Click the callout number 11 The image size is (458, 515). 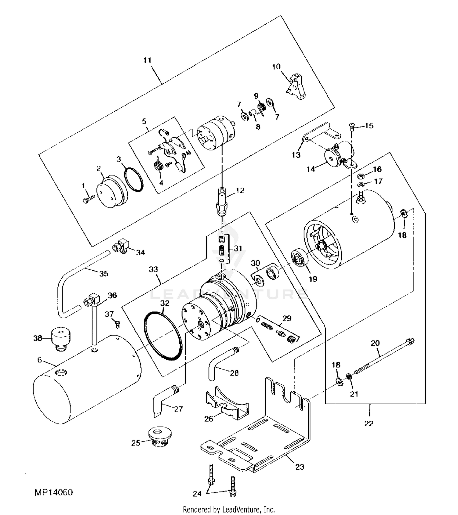(x=147, y=60)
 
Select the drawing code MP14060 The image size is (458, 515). (x=53, y=492)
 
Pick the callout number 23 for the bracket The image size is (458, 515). (x=300, y=466)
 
